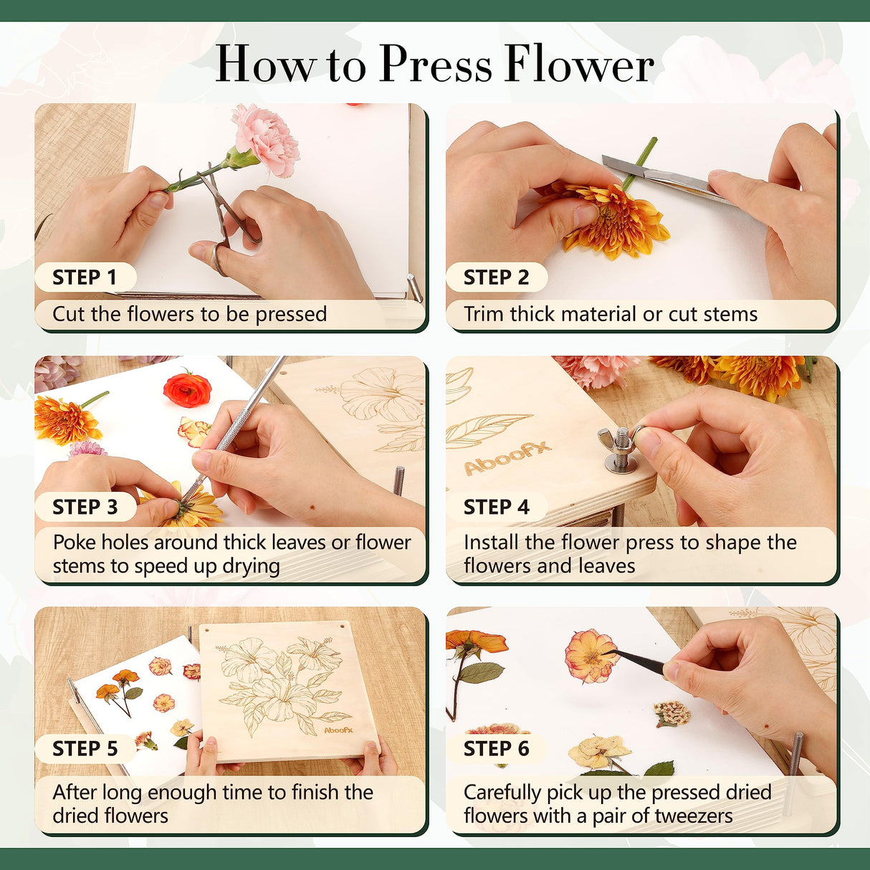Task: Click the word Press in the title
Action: (x=436, y=64)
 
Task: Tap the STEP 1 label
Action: (x=85, y=277)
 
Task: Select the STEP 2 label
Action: (x=496, y=277)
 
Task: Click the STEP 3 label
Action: (x=85, y=507)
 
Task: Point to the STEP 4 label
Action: (x=496, y=507)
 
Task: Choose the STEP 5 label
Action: (x=85, y=748)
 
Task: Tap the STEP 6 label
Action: (x=496, y=748)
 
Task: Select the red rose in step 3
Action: (x=187, y=388)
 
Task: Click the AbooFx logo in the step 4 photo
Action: (x=507, y=458)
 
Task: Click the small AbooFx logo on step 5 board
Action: (x=338, y=730)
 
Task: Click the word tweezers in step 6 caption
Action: (x=693, y=816)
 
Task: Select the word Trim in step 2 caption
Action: (x=484, y=314)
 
